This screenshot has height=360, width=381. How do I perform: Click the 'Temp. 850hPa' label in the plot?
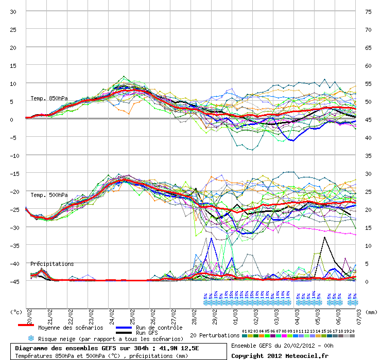(x=49, y=98)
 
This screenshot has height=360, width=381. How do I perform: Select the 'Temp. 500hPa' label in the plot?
(x=49, y=195)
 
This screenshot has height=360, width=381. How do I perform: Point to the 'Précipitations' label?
(x=52, y=264)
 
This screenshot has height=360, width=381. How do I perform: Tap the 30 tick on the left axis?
(x=13, y=11)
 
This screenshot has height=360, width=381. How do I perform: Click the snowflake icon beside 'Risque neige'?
(x=31, y=338)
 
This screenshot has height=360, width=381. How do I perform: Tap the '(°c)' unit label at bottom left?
(x=17, y=311)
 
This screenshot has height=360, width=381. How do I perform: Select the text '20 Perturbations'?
(x=214, y=335)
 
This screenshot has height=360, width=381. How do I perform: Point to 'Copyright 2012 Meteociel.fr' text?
(x=280, y=355)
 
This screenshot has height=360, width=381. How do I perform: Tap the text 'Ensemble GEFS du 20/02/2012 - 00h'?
(x=282, y=346)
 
